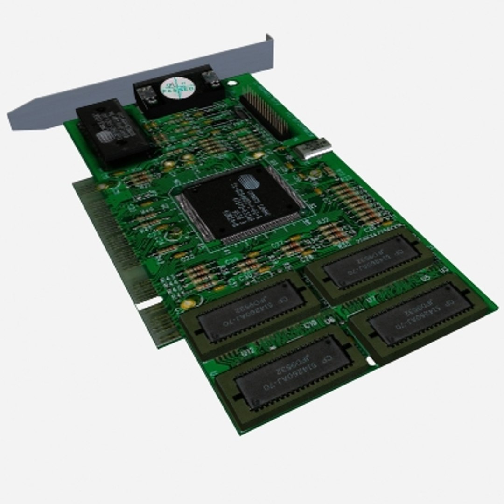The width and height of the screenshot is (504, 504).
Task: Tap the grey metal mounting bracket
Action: pyautogui.click(x=140, y=84)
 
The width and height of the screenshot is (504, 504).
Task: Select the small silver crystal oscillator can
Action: pyautogui.click(x=313, y=148)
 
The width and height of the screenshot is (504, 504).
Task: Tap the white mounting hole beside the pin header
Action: pyautogui.click(x=232, y=84)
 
